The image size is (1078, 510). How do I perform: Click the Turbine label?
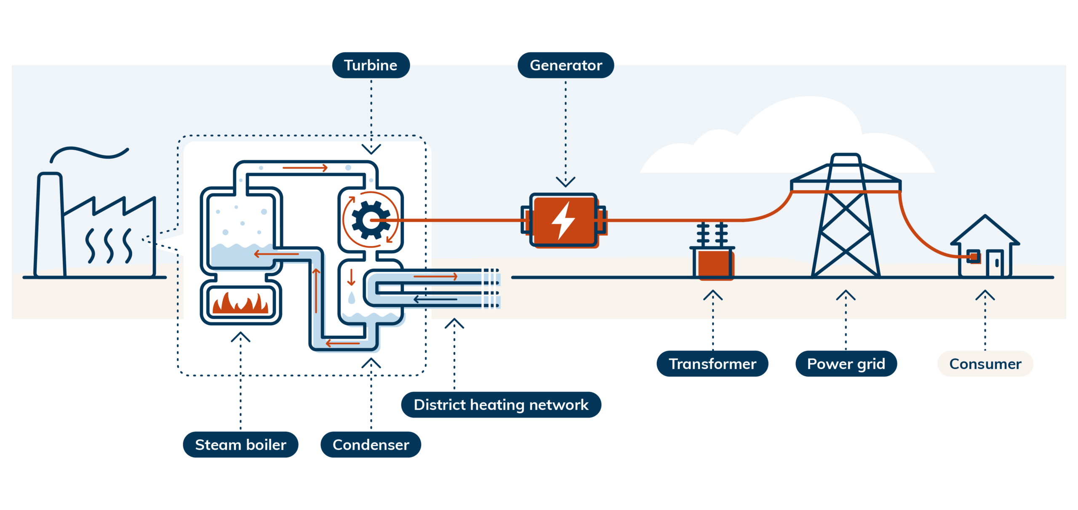[371, 65]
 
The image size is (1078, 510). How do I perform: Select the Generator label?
[566, 65]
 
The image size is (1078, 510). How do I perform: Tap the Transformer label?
[712, 364]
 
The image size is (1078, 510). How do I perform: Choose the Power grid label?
[846, 364]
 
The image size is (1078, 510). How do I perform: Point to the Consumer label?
[985, 364]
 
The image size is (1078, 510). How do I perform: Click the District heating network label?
[501, 404]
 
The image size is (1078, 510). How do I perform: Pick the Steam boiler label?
[240, 444]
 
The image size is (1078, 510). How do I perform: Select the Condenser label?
[371, 444]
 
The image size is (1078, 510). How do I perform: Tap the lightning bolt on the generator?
[563, 220]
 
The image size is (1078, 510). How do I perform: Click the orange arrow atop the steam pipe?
[305, 168]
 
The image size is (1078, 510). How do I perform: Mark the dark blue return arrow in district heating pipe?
[435, 299]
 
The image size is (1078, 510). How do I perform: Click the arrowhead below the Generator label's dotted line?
[566, 181]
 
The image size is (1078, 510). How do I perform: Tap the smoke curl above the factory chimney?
[88, 153]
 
